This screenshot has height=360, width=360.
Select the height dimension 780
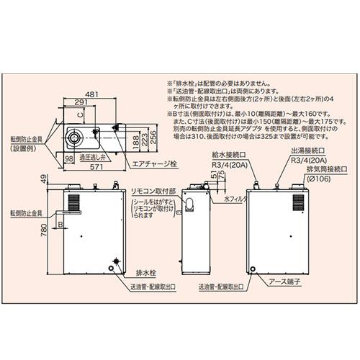pyautogui.click(x=45, y=229)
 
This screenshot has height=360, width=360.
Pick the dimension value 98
pyautogui.click(x=69, y=157)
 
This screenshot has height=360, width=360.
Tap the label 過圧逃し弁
pyautogui.click(x=92, y=157)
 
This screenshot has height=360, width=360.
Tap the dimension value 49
pyautogui.click(x=45, y=179)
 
